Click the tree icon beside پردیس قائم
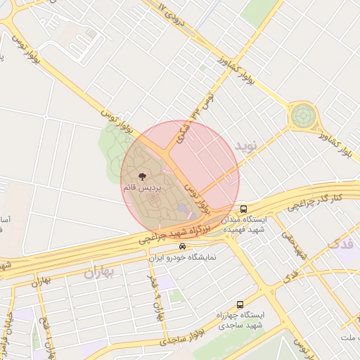[x=142, y=176]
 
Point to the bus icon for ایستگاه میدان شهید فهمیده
[x=243, y=209]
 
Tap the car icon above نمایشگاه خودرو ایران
[x=183, y=247]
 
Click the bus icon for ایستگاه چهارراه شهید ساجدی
[x=240, y=304]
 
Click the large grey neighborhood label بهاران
[x=98, y=272]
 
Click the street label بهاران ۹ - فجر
[x=156, y=298]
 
